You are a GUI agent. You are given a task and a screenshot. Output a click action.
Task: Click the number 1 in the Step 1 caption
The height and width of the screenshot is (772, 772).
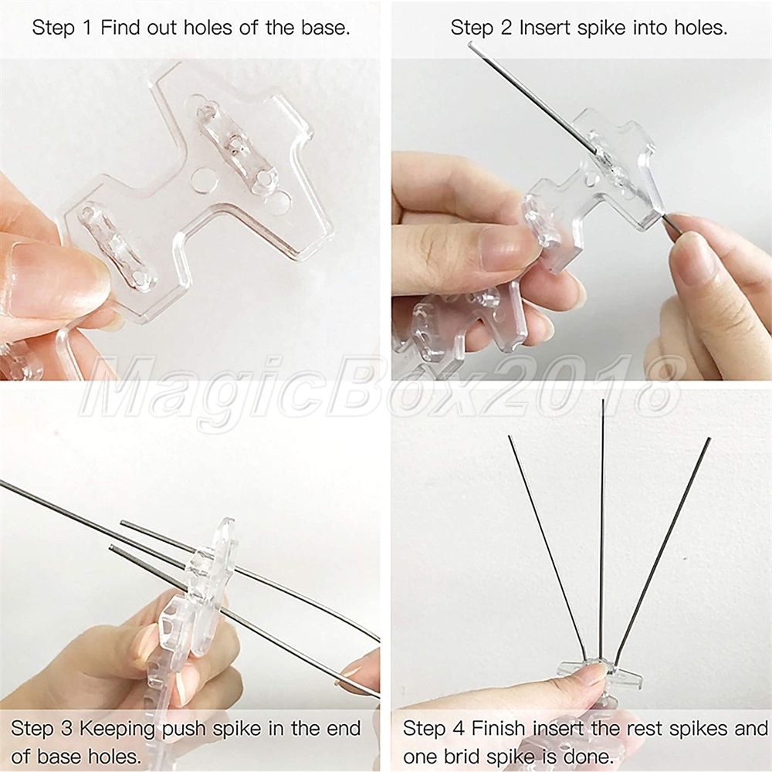[x=88, y=28]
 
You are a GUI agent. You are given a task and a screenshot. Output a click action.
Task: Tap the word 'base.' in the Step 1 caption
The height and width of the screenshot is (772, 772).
[x=326, y=28]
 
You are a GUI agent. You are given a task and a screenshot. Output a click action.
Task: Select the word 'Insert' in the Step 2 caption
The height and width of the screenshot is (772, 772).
[x=546, y=28]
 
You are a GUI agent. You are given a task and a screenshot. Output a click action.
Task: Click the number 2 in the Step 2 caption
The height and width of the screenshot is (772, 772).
[x=506, y=28]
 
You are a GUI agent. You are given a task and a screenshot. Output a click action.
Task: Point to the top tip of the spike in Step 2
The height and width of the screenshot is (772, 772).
[x=470, y=44]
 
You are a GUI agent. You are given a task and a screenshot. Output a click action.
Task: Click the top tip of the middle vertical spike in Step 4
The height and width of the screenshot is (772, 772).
[x=603, y=400]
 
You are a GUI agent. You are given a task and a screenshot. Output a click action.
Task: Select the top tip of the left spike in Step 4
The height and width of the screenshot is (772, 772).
[x=509, y=437]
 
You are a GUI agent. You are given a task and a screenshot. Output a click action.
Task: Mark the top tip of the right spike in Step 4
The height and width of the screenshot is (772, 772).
[x=709, y=438]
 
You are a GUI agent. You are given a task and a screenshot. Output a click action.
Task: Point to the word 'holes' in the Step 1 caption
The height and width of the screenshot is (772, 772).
[x=207, y=28]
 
